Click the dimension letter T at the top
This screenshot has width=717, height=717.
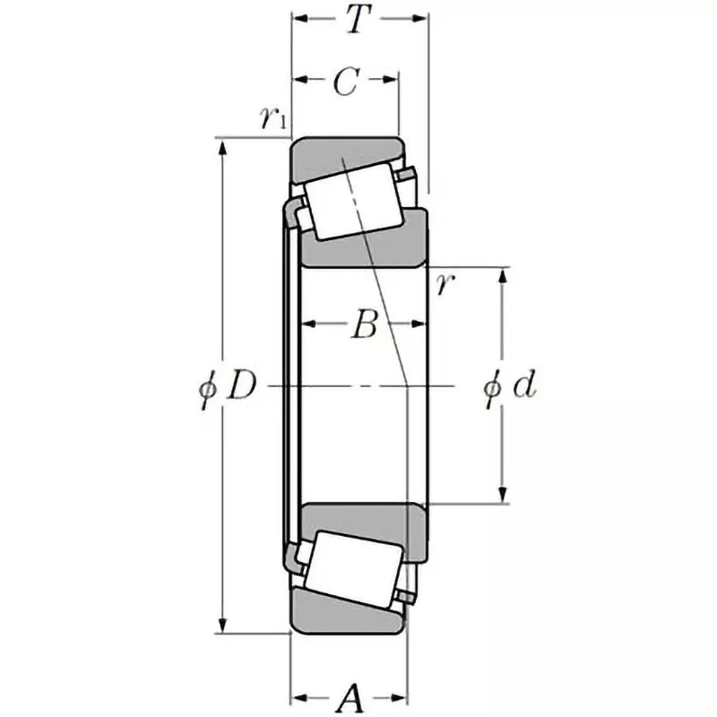[358, 20]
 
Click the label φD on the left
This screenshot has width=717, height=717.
[229, 386]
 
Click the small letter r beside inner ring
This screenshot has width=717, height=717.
[444, 286]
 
